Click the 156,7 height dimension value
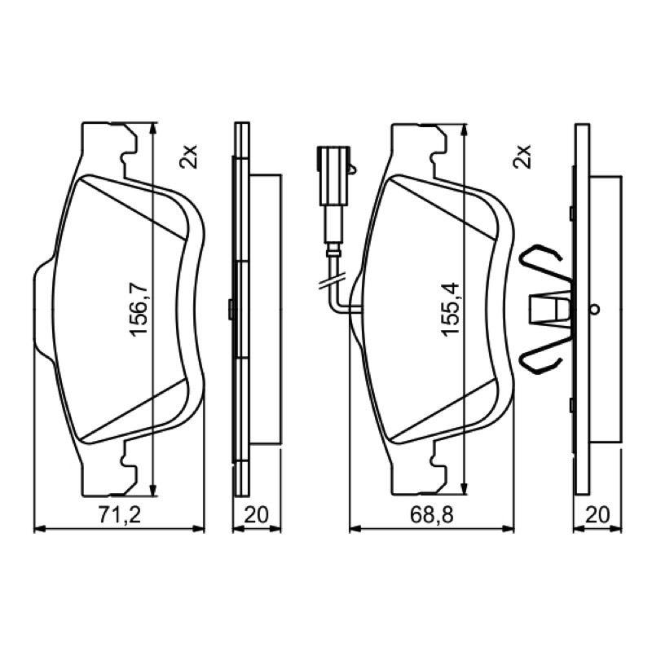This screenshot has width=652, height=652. [x=138, y=308]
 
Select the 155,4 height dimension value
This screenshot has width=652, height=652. [x=450, y=308]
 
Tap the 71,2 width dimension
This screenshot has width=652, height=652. [x=120, y=515]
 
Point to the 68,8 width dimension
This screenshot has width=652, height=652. [x=432, y=515]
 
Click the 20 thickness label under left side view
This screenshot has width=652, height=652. [x=256, y=515]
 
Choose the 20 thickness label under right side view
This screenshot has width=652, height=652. [x=597, y=515]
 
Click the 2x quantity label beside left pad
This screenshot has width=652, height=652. [x=189, y=156]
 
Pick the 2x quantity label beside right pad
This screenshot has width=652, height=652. [x=522, y=156]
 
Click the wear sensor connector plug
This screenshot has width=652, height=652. [x=334, y=175]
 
